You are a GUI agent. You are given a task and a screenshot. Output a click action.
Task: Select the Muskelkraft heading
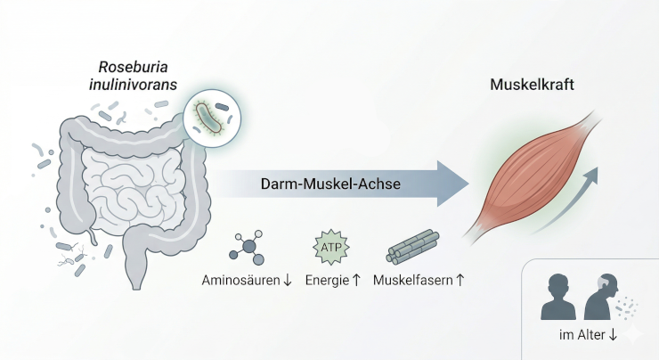(x=532, y=86)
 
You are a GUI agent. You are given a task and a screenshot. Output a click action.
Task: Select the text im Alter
(x=579, y=336)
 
